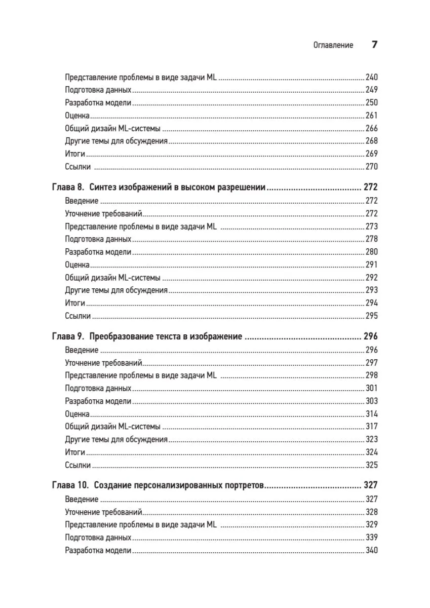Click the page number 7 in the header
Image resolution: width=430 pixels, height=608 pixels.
[x=374, y=45]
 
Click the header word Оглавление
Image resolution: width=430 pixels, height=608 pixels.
[x=333, y=45]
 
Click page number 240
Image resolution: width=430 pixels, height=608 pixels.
[x=371, y=78]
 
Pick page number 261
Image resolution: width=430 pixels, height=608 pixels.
[x=371, y=116]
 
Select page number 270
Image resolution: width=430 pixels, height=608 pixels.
[x=371, y=167]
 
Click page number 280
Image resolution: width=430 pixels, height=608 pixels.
[x=371, y=252]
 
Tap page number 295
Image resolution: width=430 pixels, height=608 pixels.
[x=371, y=316]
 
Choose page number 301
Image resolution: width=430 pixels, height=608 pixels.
[x=371, y=388]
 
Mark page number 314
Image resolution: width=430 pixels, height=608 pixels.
[x=371, y=413]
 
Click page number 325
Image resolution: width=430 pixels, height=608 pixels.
[x=371, y=465]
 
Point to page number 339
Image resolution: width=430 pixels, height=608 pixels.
[x=371, y=537]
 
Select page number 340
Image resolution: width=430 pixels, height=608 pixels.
[x=371, y=550]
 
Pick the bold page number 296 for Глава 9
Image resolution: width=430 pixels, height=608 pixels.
[x=370, y=336]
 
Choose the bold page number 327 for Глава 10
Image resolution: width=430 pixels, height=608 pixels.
[x=370, y=485]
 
